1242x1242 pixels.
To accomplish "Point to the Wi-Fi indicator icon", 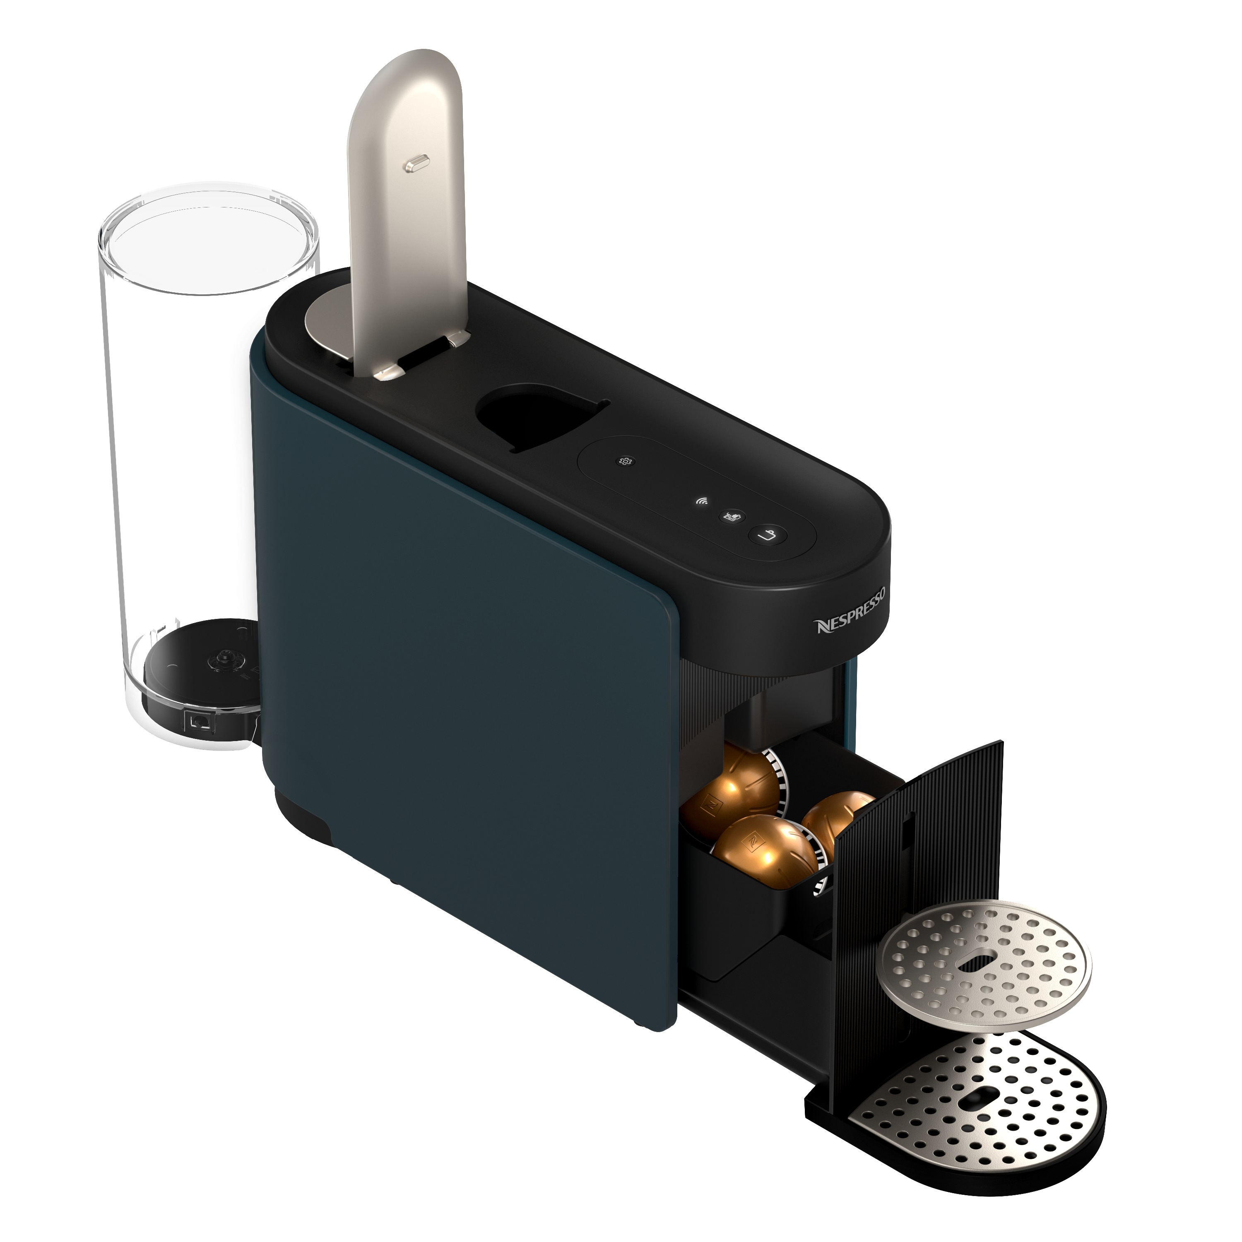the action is [x=703, y=501].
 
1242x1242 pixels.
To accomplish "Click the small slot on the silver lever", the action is [x=415, y=165].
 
